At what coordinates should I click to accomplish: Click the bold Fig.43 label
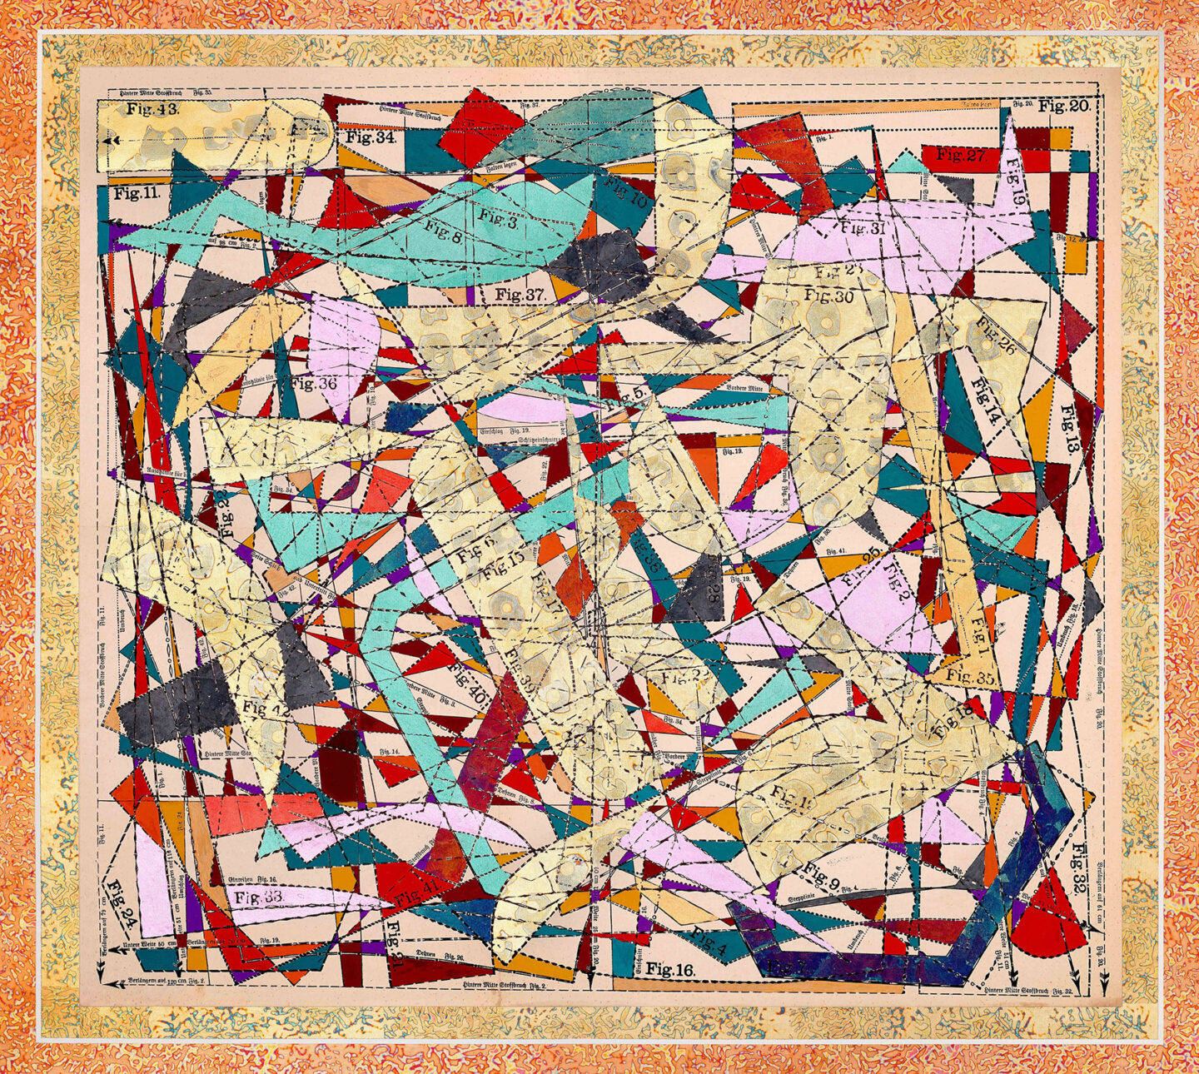click(152, 109)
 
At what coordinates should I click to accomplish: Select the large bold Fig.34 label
click(371, 137)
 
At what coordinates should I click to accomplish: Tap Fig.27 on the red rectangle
click(961, 155)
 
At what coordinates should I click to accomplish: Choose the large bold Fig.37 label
click(519, 294)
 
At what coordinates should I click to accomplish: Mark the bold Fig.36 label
click(313, 384)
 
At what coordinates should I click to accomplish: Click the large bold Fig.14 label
click(985, 402)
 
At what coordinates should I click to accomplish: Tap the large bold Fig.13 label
click(1068, 428)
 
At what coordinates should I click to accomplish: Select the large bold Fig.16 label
click(670, 969)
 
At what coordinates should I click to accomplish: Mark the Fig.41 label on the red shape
click(418, 893)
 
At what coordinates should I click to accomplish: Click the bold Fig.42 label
click(266, 709)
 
